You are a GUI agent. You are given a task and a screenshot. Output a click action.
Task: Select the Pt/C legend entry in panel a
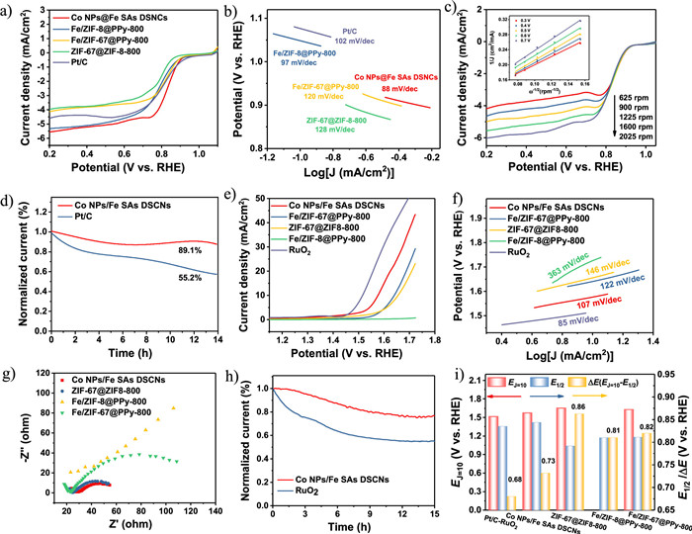63,72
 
